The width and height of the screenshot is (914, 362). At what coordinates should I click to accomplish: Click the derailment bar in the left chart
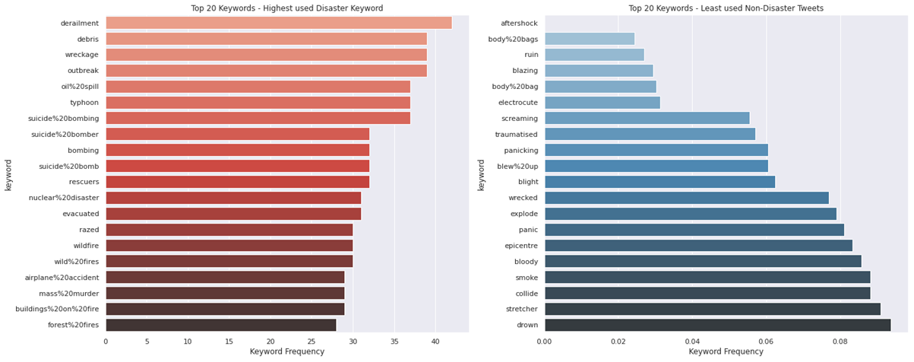click(x=278, y=23)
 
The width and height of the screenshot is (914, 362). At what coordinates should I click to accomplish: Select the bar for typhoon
click(x=258, y=102)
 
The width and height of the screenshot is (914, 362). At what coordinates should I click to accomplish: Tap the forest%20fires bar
click(x=220, y=325)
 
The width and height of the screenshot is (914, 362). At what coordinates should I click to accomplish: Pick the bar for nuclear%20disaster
click(x=233, y=198)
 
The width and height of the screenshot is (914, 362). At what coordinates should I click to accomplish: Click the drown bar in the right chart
click(x=717, y=325)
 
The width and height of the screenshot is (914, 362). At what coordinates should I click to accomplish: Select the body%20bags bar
click(x=590, y=39)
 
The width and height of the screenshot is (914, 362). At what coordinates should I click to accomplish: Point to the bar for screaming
click(x=647, y=118)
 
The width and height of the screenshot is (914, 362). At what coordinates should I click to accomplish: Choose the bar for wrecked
click(x=687, y=198)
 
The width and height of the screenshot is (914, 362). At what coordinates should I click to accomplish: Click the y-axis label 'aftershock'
click(x=520, y=23)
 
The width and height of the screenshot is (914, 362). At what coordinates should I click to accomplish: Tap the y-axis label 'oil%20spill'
click(x=80, y=87)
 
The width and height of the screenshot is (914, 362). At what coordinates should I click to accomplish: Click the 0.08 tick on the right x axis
click(x=840, y=341)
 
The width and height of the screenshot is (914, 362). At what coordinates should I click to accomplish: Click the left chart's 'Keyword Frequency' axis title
click(x=286, y=352)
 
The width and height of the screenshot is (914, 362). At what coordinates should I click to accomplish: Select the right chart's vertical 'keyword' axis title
click(x=481, y=174)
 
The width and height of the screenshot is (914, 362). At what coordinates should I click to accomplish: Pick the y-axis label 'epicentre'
click(x=520, y=245)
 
